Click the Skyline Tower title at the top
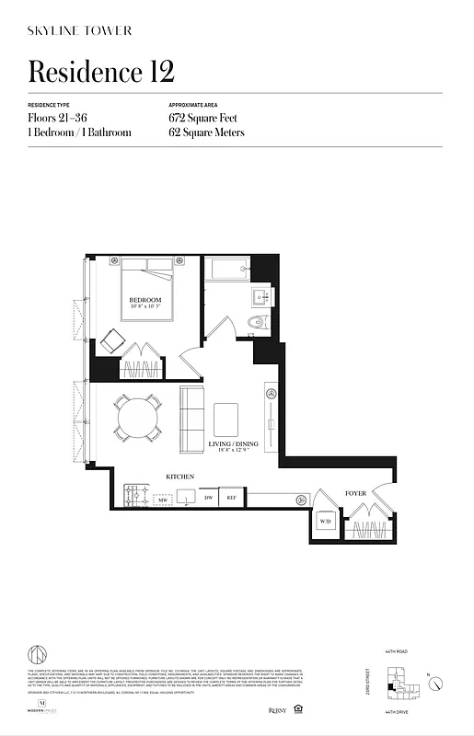pos(80,30)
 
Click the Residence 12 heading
pos(101,71)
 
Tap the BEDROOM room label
pos(145,301)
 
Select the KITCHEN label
pos(179,477)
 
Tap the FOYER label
pos(355,494)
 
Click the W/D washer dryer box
pos(325,522)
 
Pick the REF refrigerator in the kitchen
pos(232,498)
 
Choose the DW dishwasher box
pos(208,498)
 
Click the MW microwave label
pos(162,499)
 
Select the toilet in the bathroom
pos(258,322)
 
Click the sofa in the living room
pos(192,419)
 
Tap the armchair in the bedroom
pos(113,339)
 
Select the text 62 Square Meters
pos(206,132)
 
